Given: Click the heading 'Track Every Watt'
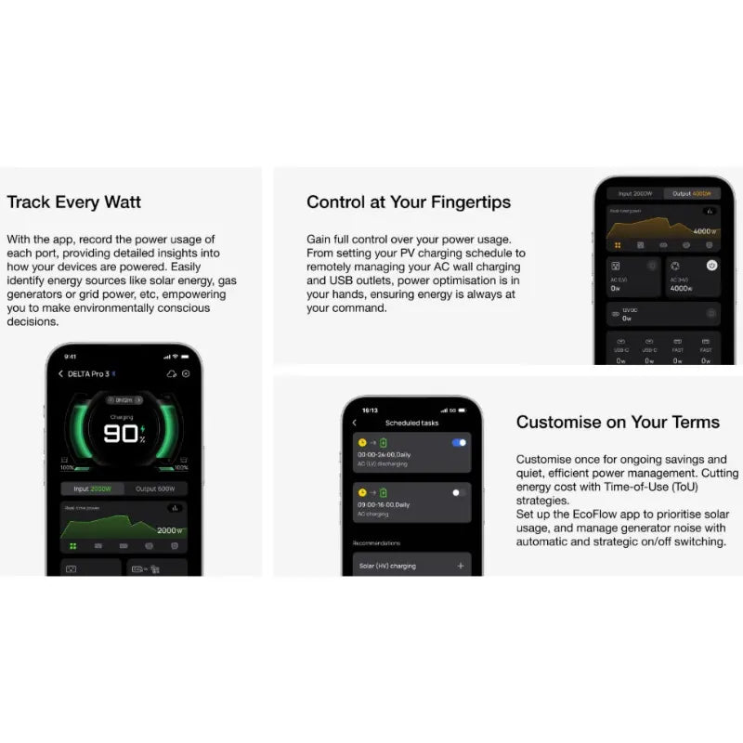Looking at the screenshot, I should coord(74,202).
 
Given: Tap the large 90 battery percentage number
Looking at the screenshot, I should coord(121,434).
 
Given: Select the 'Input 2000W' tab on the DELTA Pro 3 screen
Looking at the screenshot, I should coord(92,488).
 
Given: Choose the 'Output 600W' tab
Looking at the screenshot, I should coord(155,488).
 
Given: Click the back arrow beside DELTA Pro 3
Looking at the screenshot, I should coord(61,374).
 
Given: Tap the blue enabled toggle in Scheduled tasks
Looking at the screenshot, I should coord(459,443).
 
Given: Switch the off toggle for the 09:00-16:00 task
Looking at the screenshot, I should coord(459,492).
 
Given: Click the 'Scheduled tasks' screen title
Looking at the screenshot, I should coord(411,423).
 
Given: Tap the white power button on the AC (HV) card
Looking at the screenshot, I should coord(711,266).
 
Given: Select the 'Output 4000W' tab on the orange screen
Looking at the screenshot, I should coord(695,194).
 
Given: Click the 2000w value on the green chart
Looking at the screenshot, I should coord(170,530).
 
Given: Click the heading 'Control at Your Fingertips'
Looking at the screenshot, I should coord(409,202).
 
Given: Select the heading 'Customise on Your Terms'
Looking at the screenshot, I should coord(618,422).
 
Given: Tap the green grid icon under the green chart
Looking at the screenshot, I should coord(73,546).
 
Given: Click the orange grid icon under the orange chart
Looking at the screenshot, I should coord(617,245).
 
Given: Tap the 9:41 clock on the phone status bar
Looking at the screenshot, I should coord(71,357).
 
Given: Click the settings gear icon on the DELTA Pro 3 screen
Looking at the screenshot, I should coord(186,374).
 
